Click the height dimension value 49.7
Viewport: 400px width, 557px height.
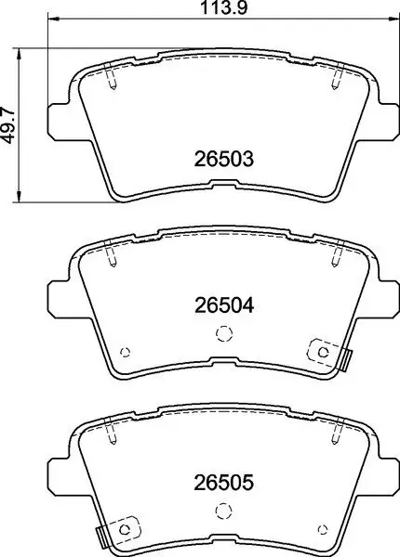pos(9,123)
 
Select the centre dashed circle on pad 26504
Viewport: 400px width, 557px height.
pos(221,334)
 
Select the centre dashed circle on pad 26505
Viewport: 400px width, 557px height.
pos(221,510)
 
